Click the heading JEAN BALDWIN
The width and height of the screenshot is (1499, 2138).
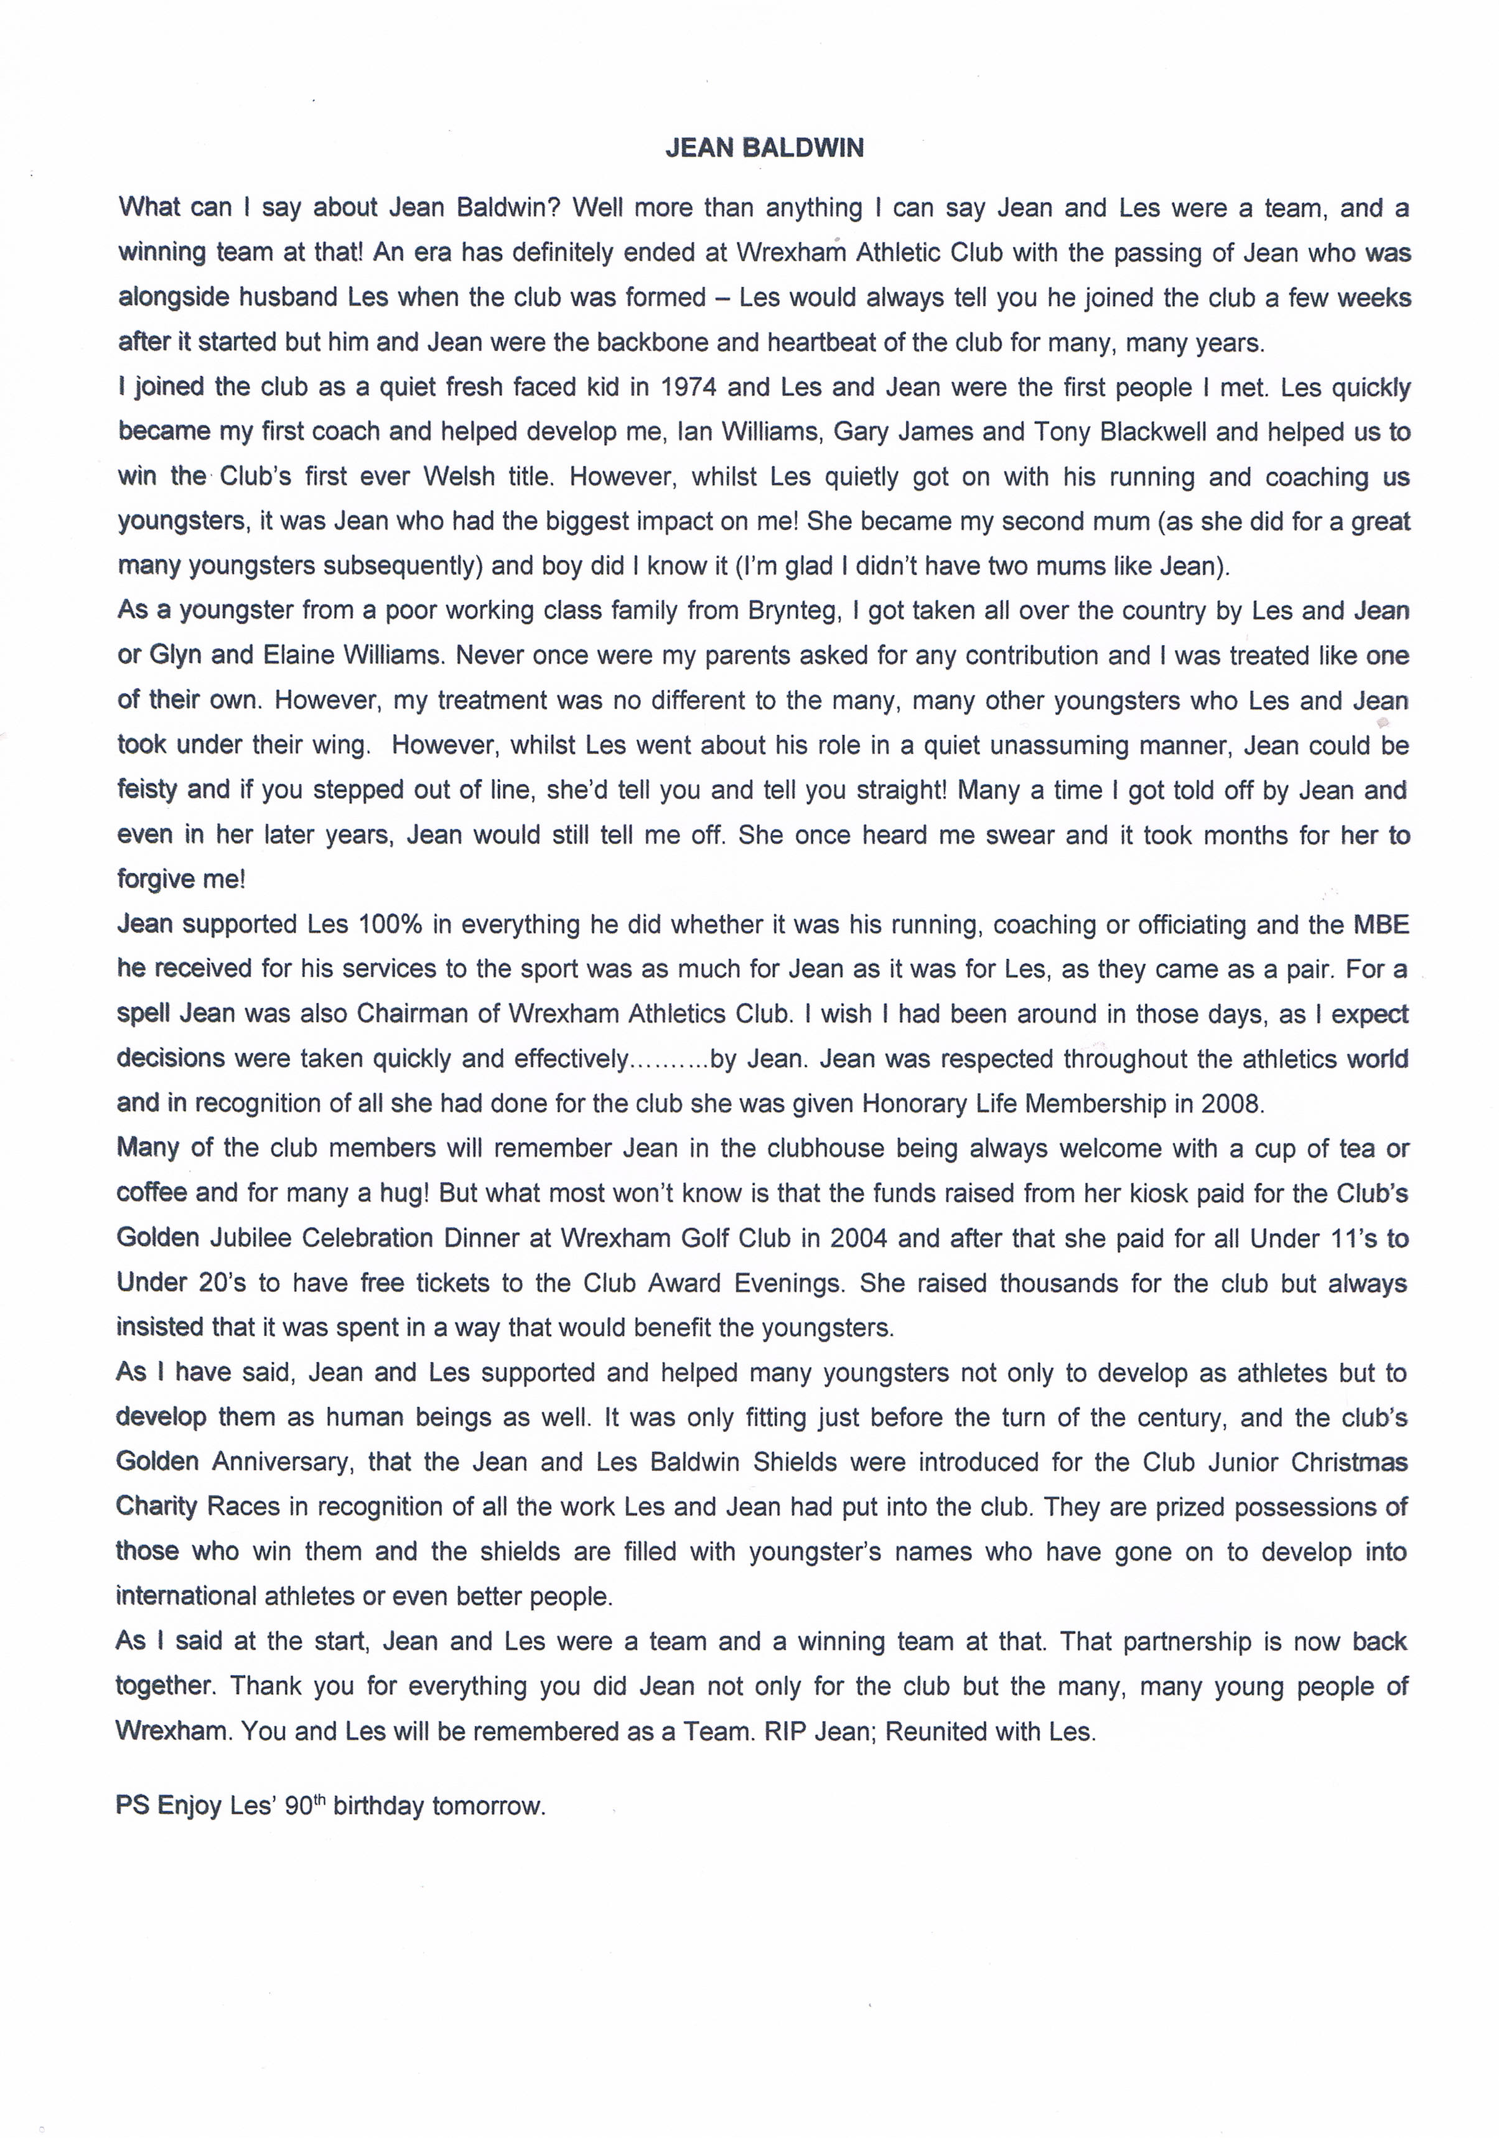click(x=764, y=148)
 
